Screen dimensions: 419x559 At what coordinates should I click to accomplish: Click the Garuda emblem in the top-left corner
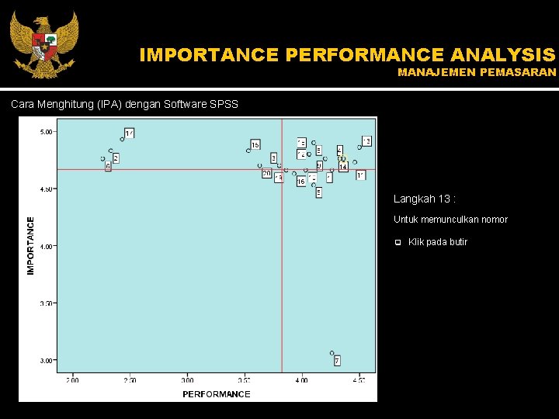click(x=43, y=43)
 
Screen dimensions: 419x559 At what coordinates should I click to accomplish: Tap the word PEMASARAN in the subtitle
click(x=519, y=72)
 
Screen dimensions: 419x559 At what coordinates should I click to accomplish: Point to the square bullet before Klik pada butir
click(x=397, y=242)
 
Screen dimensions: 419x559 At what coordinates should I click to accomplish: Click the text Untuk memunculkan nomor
click(x=450, y=220)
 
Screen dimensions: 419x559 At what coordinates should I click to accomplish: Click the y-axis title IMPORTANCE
click(x=31, y=245)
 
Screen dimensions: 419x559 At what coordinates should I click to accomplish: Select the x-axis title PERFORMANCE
click(x=217, y=394)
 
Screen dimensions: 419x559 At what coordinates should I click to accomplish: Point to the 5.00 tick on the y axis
click(x=47, y=132)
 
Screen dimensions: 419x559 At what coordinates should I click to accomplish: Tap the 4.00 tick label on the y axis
click(x=47, y=246)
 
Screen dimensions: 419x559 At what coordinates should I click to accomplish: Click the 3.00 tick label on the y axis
click(x=47, y=360)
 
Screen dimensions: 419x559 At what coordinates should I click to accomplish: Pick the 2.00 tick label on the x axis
click(x=72, y=380)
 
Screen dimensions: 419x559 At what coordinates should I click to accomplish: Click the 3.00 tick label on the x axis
click(x=187, y=380)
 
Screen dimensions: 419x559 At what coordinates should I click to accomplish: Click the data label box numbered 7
click(x=337, y=361)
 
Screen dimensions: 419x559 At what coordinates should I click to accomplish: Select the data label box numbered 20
click(x=266, y=174)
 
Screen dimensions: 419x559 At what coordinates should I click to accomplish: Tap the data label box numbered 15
click(x=255, y=145)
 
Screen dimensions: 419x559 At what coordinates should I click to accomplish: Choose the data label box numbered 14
click(x=343, y=167)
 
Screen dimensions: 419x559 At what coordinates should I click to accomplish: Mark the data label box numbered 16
click(x=300, y=182)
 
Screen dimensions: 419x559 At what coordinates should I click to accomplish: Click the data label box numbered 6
click(x=108, y=166)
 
